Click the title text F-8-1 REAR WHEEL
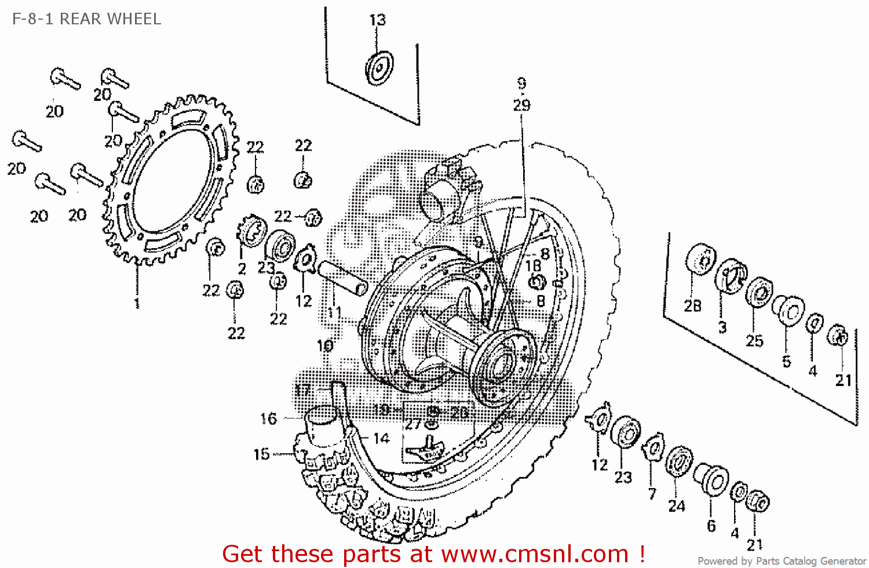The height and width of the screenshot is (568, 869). coord(86,19)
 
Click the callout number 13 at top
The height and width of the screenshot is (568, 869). coord(377,20)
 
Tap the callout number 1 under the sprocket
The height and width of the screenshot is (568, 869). coord(137,303)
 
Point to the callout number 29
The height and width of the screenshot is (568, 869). coord(521,105)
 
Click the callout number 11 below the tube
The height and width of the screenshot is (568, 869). coord(334,313)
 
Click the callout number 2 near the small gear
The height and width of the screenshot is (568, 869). coord(242,268)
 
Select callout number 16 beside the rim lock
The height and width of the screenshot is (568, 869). coord(269,418)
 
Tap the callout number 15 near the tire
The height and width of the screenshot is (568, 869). coord(262,454)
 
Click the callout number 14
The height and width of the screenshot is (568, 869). coord(381,439)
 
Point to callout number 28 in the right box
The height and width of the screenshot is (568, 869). coord(692,305)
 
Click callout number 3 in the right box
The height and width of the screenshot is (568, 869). coord(722,327)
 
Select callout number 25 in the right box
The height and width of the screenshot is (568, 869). coord(754,340)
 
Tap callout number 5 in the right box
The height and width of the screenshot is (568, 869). coord(786,361)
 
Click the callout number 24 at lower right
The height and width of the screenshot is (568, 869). coord(677,506)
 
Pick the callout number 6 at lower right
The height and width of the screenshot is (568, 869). coord(711,526)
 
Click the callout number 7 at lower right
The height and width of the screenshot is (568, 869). coord(652,494)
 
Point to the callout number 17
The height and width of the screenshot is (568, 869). coord(303,390)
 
